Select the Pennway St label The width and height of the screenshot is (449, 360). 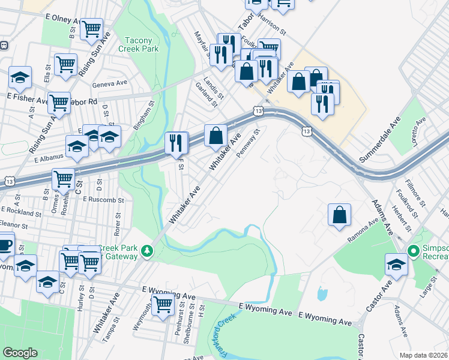(250, 143)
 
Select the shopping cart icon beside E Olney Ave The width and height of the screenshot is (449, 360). (91, 28)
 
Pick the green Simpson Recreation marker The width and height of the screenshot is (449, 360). (413, 251)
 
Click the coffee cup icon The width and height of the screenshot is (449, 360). (5, 244)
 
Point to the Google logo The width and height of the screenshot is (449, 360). (20, 353)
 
